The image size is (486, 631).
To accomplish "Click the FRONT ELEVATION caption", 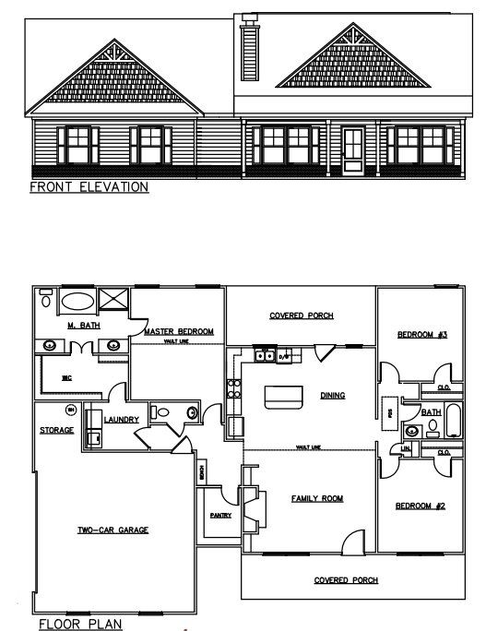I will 89,186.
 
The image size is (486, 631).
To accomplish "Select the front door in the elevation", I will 352,150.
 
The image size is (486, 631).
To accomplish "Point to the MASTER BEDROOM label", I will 178,330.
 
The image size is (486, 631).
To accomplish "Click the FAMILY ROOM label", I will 317,498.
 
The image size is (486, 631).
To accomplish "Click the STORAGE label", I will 56,429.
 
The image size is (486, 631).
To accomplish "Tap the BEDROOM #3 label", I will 422,335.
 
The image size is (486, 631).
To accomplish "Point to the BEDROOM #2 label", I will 422,506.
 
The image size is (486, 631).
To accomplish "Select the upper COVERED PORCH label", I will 301,315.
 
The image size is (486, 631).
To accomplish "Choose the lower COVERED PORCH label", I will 345,580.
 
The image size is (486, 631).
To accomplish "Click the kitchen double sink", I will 266,355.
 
